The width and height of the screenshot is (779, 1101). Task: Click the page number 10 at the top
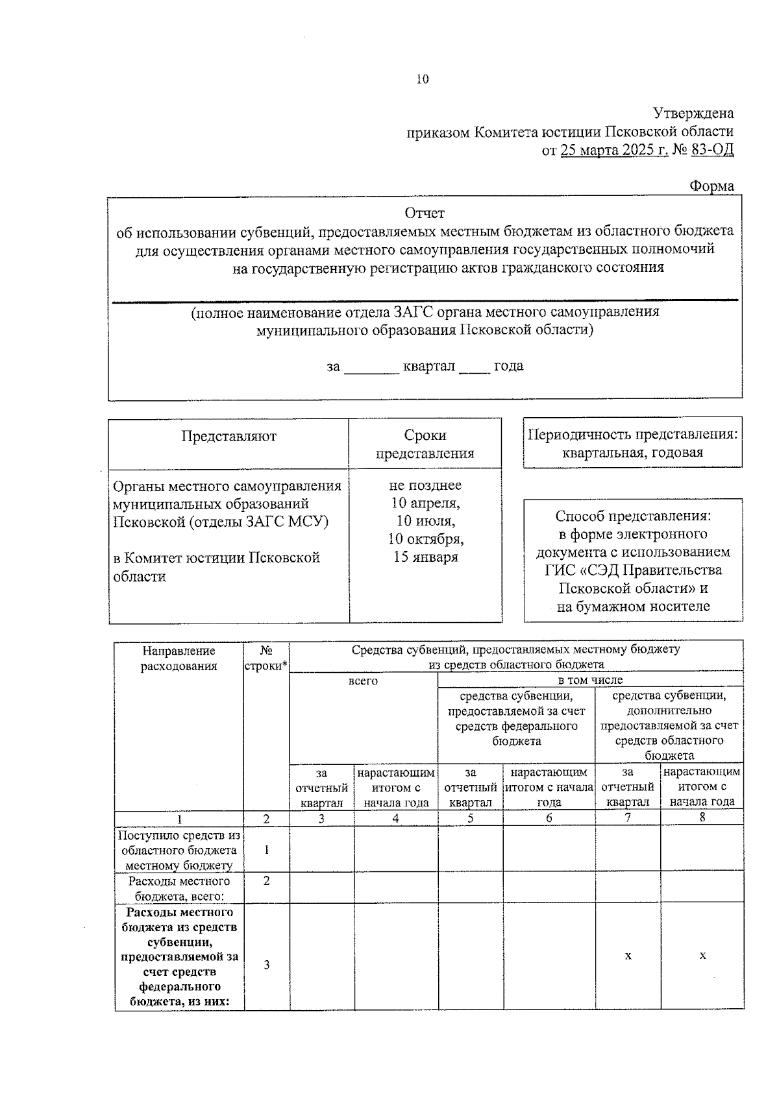point(422,80)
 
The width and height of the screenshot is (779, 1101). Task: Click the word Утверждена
point(693,114)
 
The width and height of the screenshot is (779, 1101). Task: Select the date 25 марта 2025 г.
point(613,151)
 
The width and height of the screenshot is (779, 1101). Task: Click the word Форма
point(711,186)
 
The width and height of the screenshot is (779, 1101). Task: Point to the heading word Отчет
point(425,213)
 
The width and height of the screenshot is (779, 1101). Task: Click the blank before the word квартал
point(371,367)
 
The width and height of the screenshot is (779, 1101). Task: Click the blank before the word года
point(474,367)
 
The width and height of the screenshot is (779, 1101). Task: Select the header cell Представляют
point(229,437)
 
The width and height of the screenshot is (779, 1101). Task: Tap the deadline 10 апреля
point(425,503)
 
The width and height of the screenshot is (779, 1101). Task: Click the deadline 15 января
point(425,557)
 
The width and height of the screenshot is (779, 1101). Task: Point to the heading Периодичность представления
point(632,435)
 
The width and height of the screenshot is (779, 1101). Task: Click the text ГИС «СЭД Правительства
point(633,570)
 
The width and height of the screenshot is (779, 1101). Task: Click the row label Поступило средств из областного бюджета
point(179,850)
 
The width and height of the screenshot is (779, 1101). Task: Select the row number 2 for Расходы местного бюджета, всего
point(266,881)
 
